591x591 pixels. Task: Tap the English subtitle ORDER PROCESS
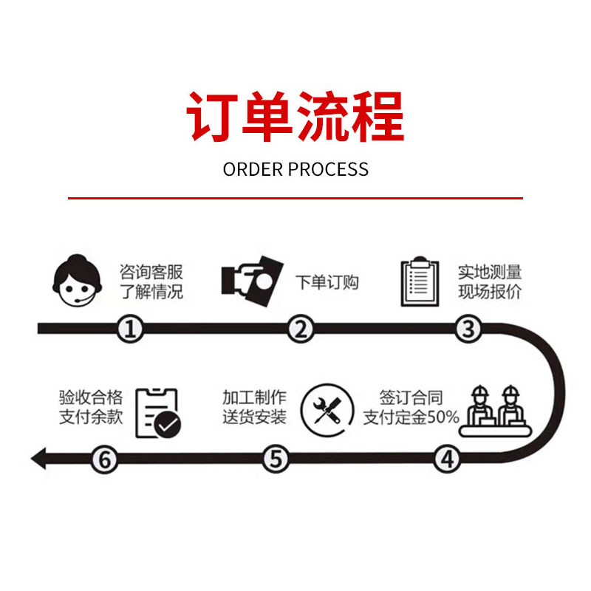point(295,169)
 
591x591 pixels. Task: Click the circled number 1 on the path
point(131,329)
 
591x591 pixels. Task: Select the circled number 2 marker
point(299,329)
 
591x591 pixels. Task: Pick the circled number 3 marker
point(467,329)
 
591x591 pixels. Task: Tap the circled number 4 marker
point(446,459)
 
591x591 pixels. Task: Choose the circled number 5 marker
point(276,459)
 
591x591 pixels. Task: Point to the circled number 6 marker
point(105,459)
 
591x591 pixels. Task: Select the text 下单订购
point(327,282)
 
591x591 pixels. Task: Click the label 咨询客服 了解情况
point(151,281)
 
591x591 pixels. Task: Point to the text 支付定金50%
point(411,417)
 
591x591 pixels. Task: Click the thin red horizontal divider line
point(295,198)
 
